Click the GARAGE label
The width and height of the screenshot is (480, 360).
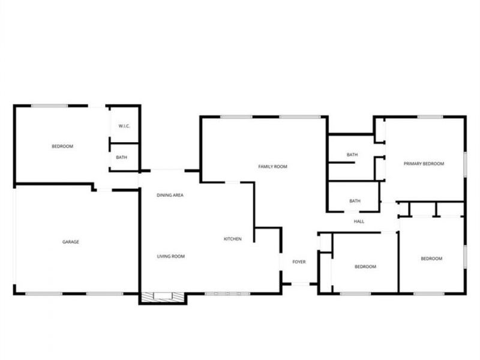click(x=71, y=242)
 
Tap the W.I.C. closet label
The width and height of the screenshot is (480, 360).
click(x=124, y=126)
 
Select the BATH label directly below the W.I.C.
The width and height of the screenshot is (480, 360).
click(x=122, y=157)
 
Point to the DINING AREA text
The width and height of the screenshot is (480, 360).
click(x=170, y=195)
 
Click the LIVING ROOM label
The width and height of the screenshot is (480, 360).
click(x=171, y=256)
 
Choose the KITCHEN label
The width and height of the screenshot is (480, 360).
click(x=233, y=239)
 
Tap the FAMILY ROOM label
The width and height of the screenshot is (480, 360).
click(x=273, y=167)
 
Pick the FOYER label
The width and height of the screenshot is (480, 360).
click(x=299, y=262)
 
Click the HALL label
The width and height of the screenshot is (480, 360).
click(x=359, y=221)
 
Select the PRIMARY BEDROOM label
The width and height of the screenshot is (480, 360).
click(x=424, y=164)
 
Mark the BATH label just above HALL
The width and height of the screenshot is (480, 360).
click(x=355, y=201)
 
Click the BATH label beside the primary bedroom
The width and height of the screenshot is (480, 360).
click(x=352, y=155)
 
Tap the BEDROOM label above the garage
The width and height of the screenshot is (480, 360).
click(x=62, y=146)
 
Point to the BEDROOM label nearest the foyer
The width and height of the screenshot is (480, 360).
click(x=365, y=266)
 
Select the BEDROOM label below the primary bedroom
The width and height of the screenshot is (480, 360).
click(x=431, y=259)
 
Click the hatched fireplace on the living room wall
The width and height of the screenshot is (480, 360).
click(x=162, y=296)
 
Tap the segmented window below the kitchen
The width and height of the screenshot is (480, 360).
click(x=227, y=294)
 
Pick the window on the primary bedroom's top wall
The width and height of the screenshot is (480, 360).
click(x=430, y=116)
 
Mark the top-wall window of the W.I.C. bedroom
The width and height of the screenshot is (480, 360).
click(x=49, y=106)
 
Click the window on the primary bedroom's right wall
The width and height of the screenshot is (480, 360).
click(x=466, y=164)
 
